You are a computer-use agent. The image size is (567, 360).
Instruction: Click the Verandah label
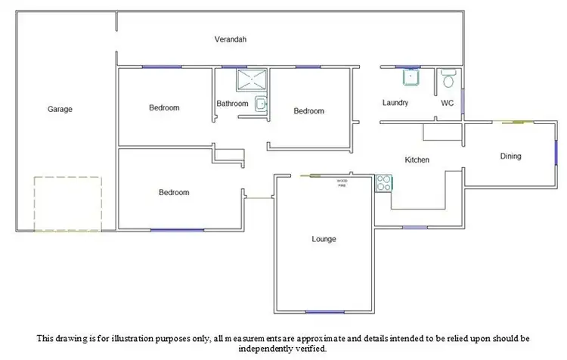pyautogui.click(x=230, y=39)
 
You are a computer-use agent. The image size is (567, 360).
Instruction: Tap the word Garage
pyautogui.click(x=60, y=110)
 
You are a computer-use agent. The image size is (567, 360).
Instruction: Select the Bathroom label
pyautogui.click(x=232, y=104)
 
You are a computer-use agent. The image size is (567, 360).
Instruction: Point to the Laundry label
pyautogui.click(x=395, y=103)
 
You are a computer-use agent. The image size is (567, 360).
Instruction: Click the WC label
pyautogui.click(x=447, y=103)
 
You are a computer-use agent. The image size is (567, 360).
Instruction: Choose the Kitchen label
pyautogui.click(x=417, y=160)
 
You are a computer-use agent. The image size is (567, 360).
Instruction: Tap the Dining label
pyautogui.click(x=511, y=157)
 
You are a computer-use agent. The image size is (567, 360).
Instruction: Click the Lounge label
pyautogui.click(x=324, y=240)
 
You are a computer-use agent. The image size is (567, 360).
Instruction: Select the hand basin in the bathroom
pyautogui.click(x=261, y=105)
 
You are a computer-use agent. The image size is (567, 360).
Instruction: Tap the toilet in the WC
pyautogui.click(x=448, y=78)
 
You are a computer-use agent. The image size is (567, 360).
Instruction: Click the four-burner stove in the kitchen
pyautogui.click(x=383, y=182)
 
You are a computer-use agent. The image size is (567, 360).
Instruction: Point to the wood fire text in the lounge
pyautogui.click(x=342, y=183)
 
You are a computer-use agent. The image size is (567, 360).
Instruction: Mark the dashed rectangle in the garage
pyautogui.click(x=67, y=204)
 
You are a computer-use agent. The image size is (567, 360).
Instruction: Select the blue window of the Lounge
pyautogui.click(x=324, y=312)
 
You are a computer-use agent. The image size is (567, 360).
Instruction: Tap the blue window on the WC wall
pyautogui.click(x=463, y=104)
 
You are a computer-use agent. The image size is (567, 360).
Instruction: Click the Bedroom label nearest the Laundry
pyautogui.click(x=308, y=112)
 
